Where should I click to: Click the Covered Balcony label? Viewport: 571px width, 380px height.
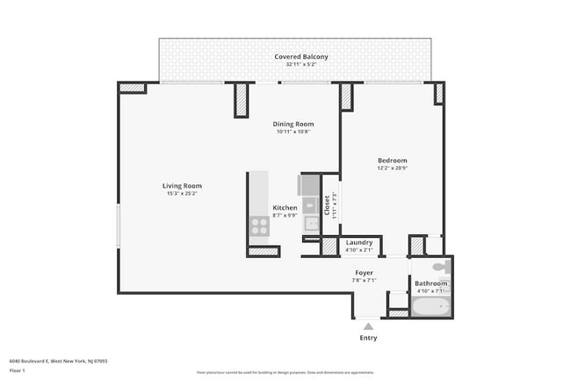pos(300,57)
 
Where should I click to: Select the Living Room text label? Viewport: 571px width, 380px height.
pos(182,185)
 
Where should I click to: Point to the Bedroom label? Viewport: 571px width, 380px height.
pos(392,160)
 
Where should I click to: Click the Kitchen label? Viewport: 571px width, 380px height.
pos(285,207)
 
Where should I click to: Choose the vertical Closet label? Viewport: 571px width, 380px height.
pos(326,205)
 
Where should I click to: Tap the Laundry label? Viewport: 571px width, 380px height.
pos(358,242)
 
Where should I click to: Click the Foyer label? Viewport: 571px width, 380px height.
pos(364,273)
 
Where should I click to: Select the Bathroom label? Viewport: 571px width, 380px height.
pos(430,283)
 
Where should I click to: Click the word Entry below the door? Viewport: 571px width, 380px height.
pos(368,338)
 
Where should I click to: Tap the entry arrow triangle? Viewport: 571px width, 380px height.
pos(368,326)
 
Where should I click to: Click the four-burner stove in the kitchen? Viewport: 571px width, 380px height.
pos(260,226)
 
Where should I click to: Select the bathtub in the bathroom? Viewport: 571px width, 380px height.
pos(430,308)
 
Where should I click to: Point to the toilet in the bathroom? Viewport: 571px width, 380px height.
pos(444,266)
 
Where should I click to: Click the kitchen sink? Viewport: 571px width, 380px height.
pos(311,223)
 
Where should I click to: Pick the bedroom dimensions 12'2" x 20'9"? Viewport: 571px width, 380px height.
pos(392,168)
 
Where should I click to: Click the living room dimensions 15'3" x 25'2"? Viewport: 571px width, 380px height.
pos(182,193)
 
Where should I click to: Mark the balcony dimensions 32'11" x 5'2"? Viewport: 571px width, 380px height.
pos(300,64)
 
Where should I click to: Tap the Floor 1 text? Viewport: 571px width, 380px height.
pos(17,370)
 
